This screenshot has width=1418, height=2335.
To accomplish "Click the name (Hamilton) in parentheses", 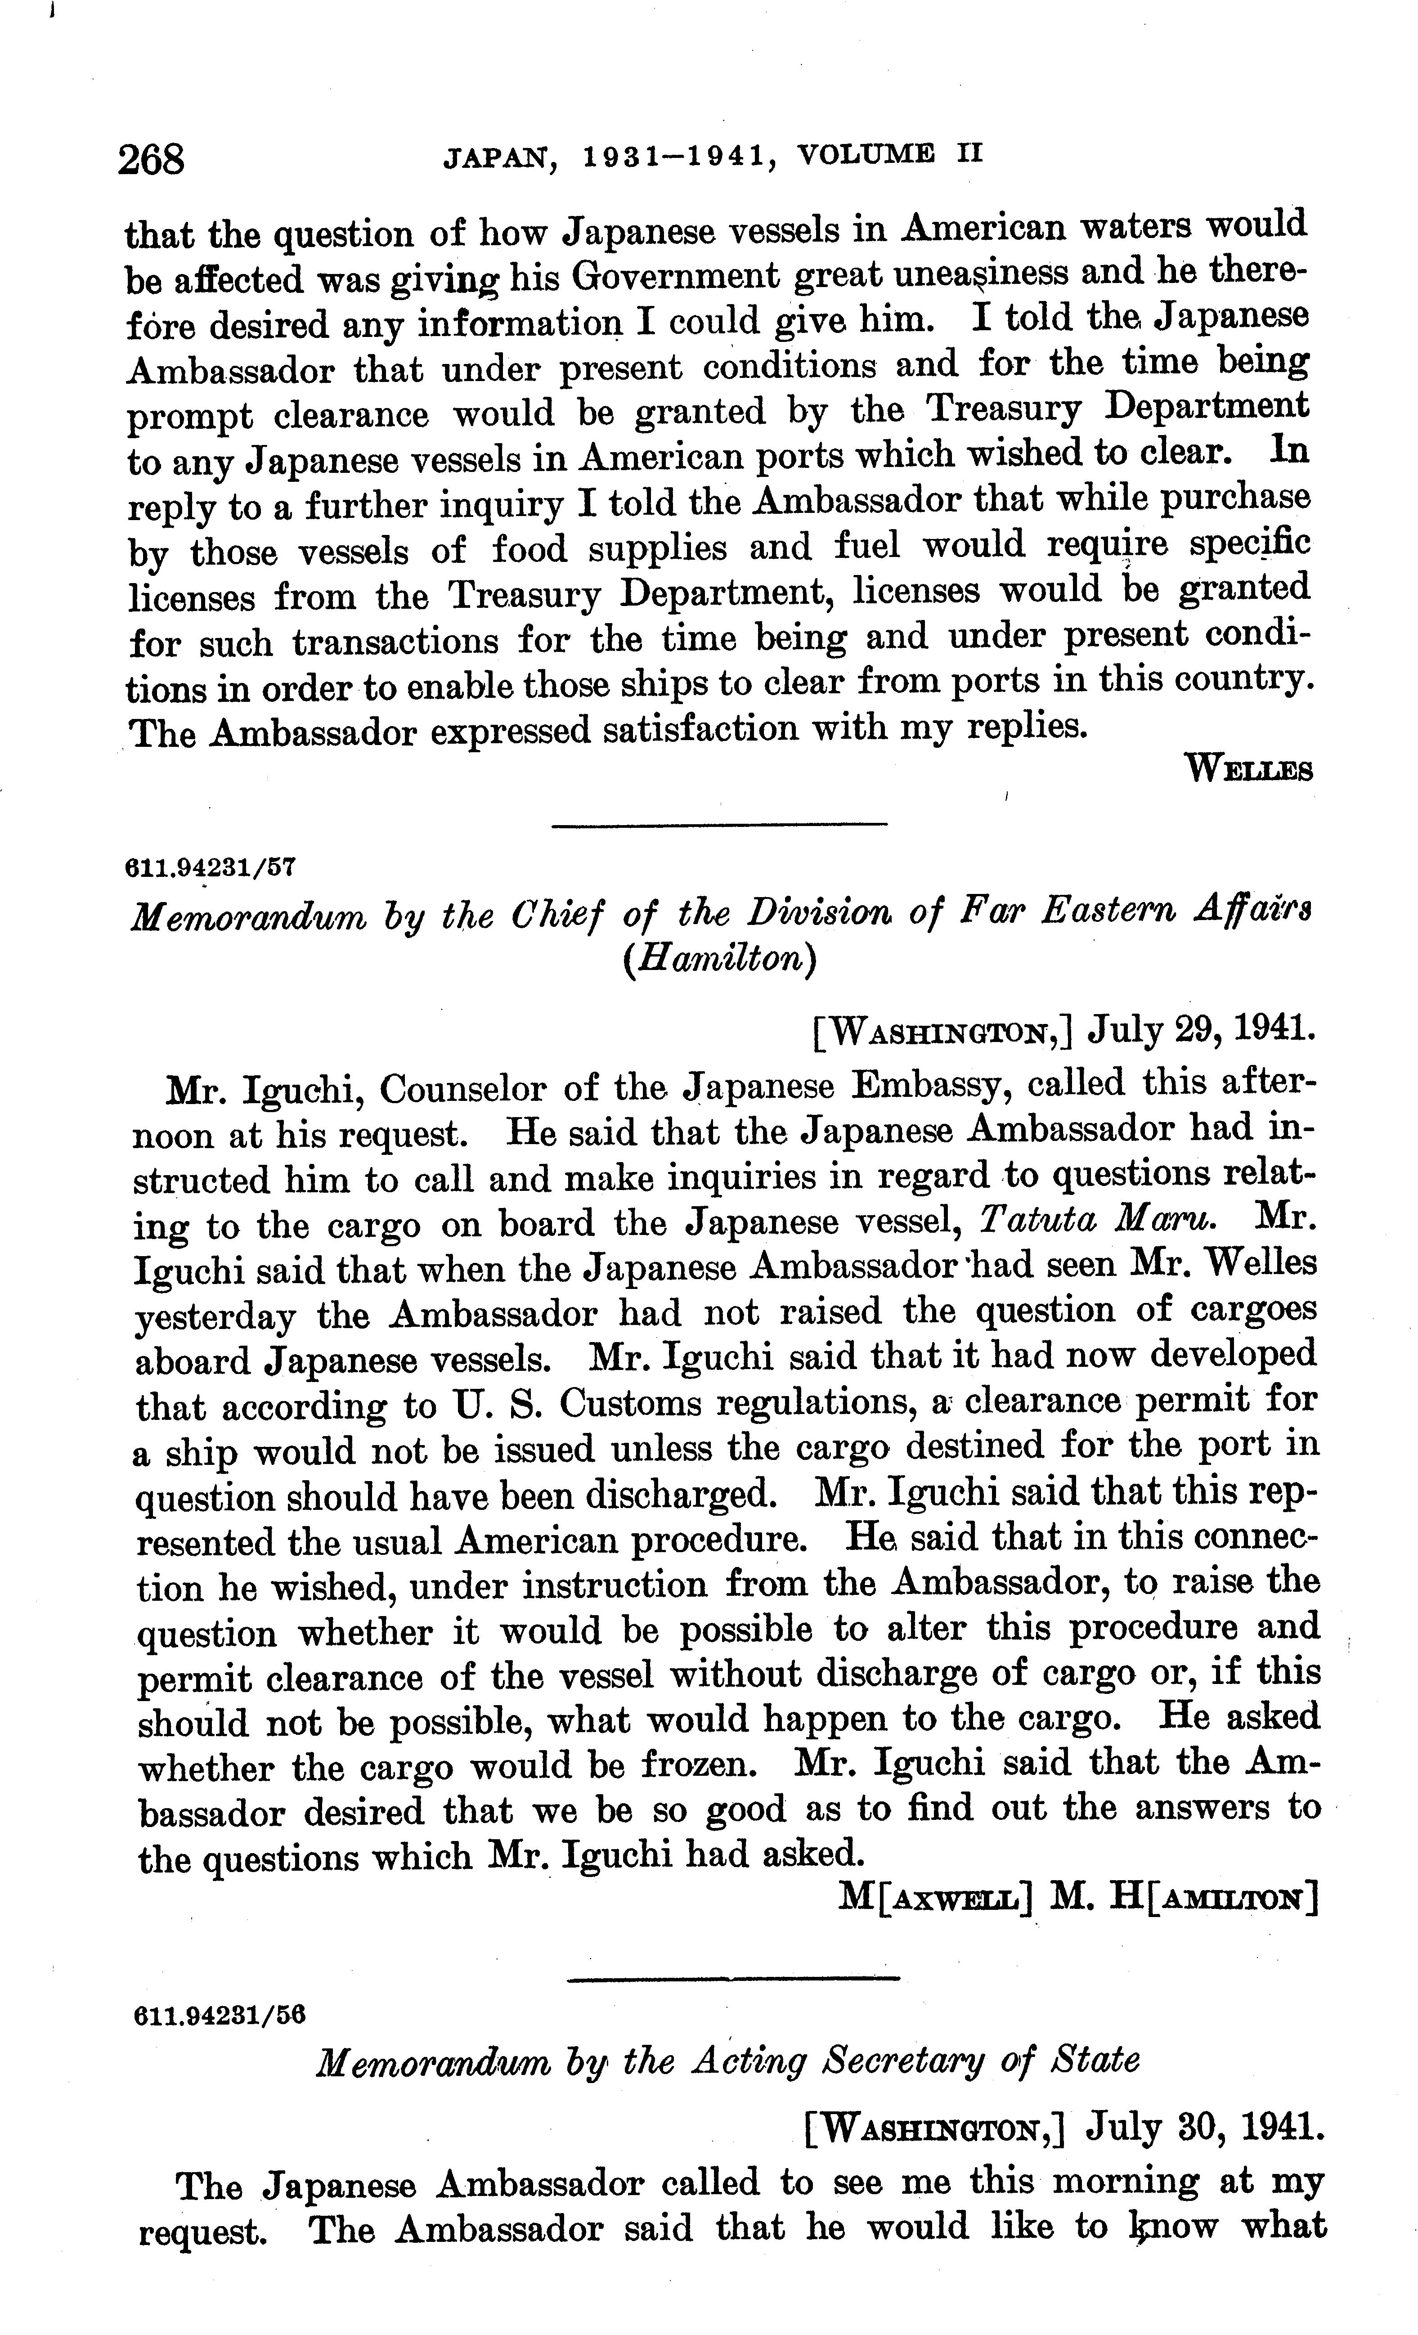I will pos(718,960).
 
